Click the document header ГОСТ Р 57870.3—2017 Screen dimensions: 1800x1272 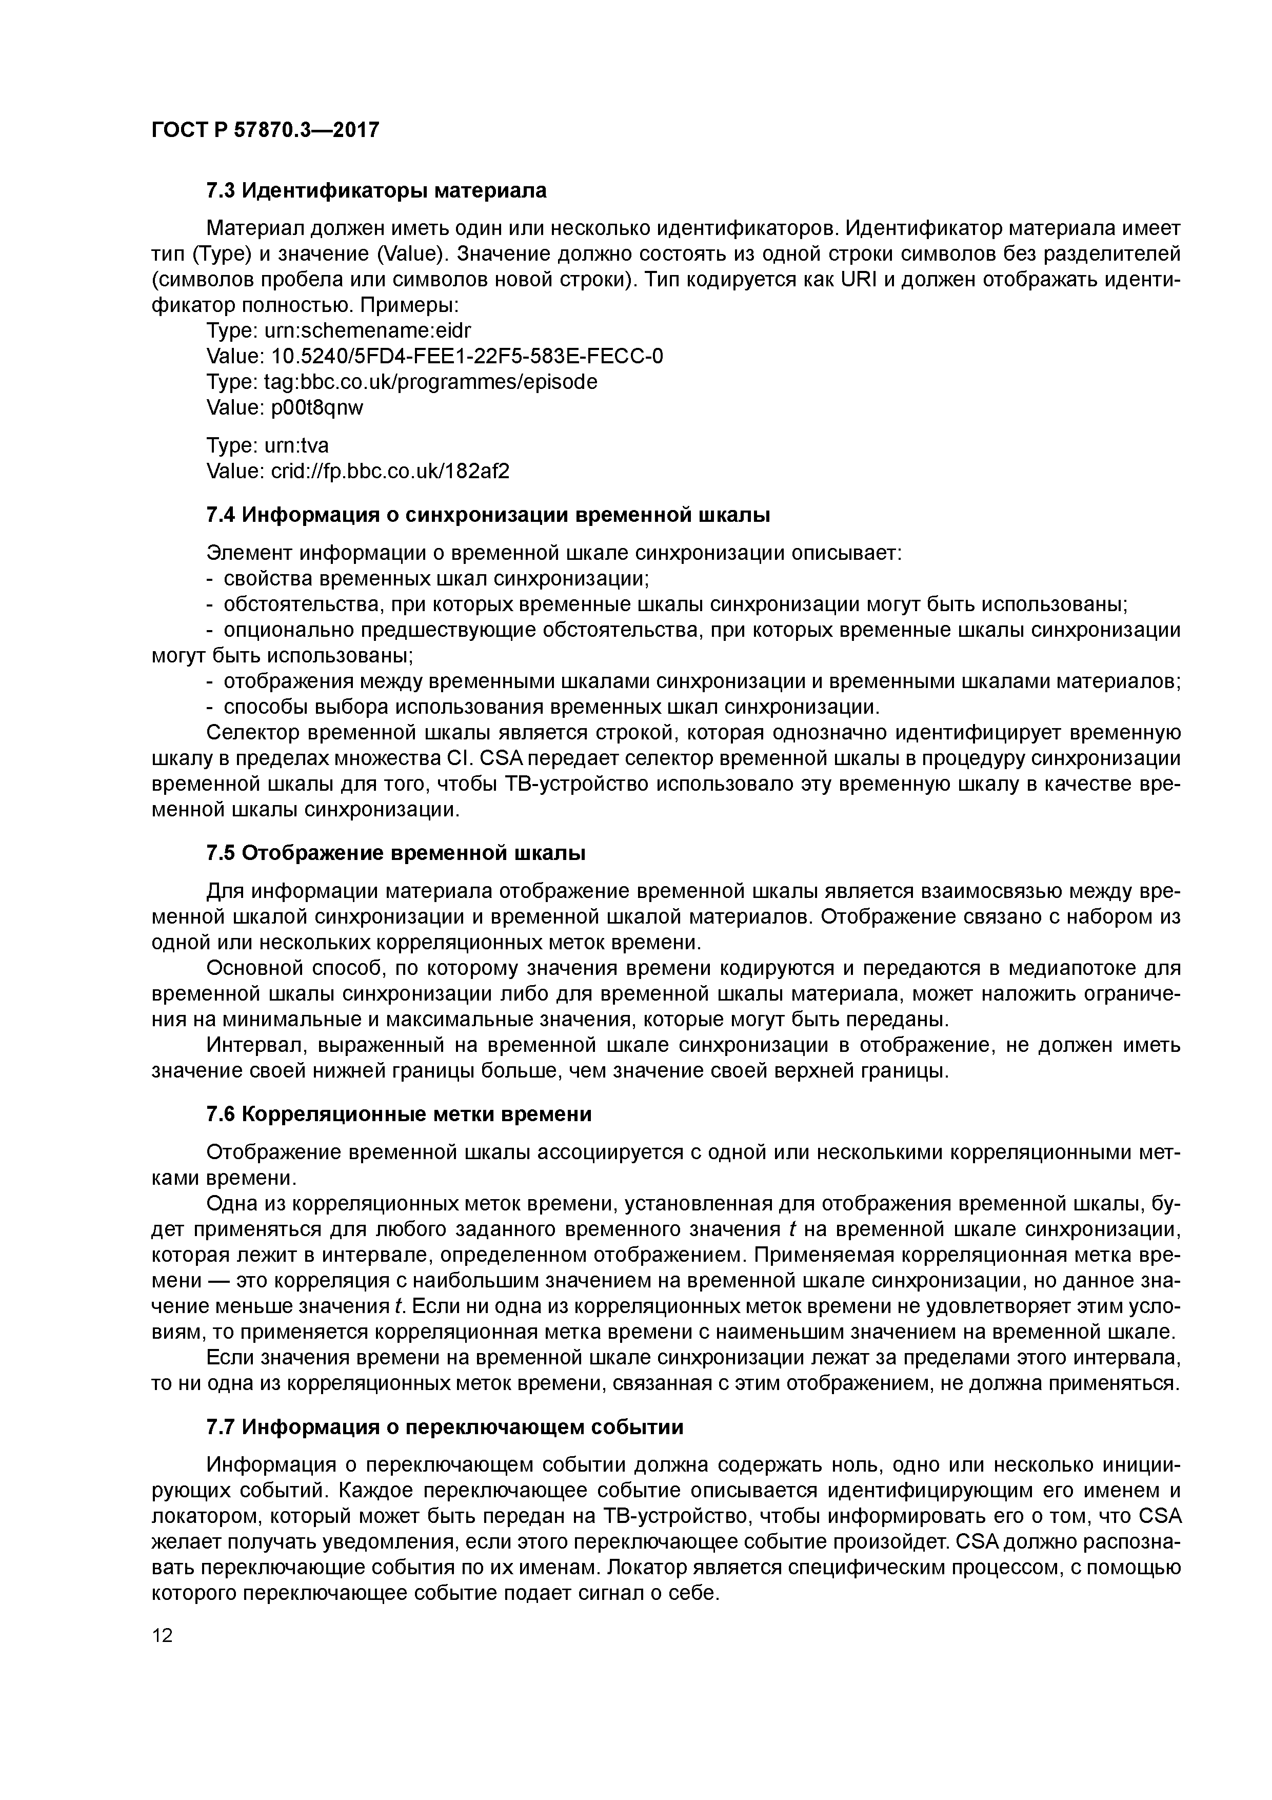click(265, 129)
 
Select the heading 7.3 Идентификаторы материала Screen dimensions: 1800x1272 click(376, 190)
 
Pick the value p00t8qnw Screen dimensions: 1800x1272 click(317, 407)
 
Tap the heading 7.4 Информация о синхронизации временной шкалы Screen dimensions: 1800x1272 click(487, 515)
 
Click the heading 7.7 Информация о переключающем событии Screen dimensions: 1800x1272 click(444, 1427)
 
